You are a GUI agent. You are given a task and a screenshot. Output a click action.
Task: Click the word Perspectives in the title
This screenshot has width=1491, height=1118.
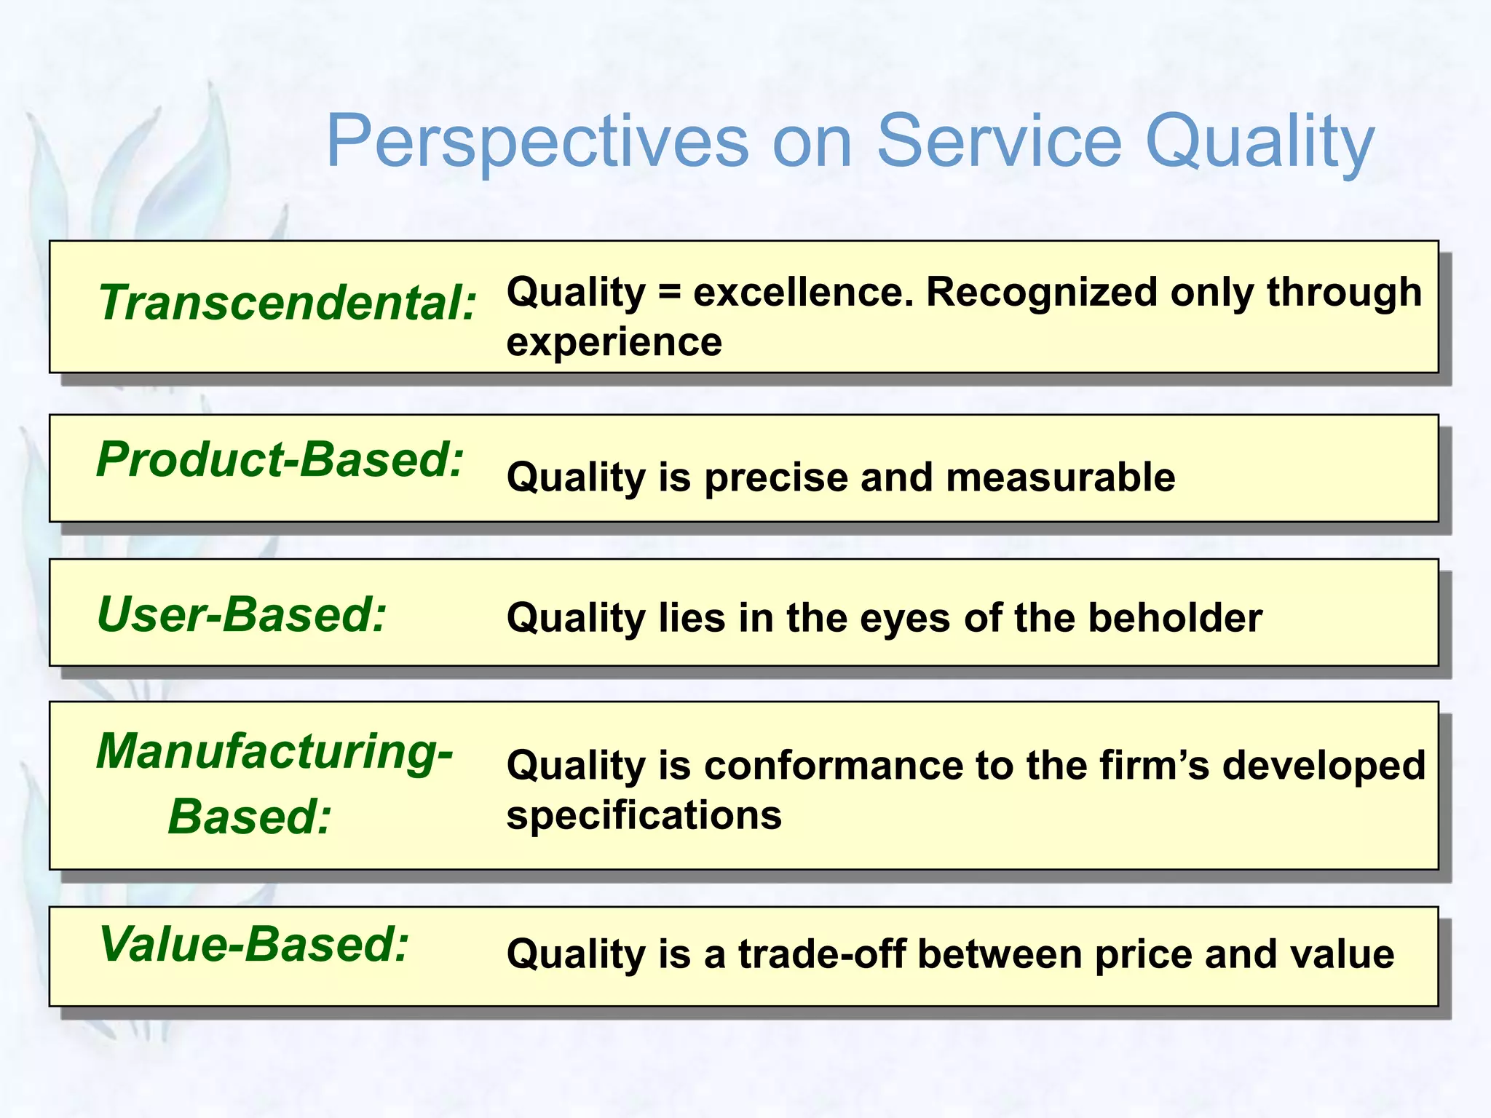click(x=537, y=141)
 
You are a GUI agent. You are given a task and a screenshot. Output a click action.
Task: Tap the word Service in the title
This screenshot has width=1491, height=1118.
click(x=999, y=141)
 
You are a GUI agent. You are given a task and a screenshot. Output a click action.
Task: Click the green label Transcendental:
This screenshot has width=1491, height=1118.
click(x=288, y=303)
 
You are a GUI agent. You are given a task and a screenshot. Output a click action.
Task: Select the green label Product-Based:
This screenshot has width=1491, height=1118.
click(x=280, y=460)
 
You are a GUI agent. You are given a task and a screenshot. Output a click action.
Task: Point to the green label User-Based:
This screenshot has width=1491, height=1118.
click(x=242, y=614)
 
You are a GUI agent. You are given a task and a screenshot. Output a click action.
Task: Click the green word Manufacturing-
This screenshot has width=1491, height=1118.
click(x=274, y=751)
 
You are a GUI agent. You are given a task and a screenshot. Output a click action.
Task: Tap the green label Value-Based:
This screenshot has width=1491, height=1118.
click(x=254, y=944)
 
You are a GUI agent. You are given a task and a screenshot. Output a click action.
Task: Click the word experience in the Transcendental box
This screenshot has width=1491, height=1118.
click(x=614, y=342)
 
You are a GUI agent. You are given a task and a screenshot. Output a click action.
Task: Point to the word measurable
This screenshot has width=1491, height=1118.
click(x=1060, y=478)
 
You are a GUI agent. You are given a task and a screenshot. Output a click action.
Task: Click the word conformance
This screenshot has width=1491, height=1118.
click(x=834, y=766)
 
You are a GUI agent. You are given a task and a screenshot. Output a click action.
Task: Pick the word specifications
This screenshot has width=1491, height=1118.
click(x=644, y=815)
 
